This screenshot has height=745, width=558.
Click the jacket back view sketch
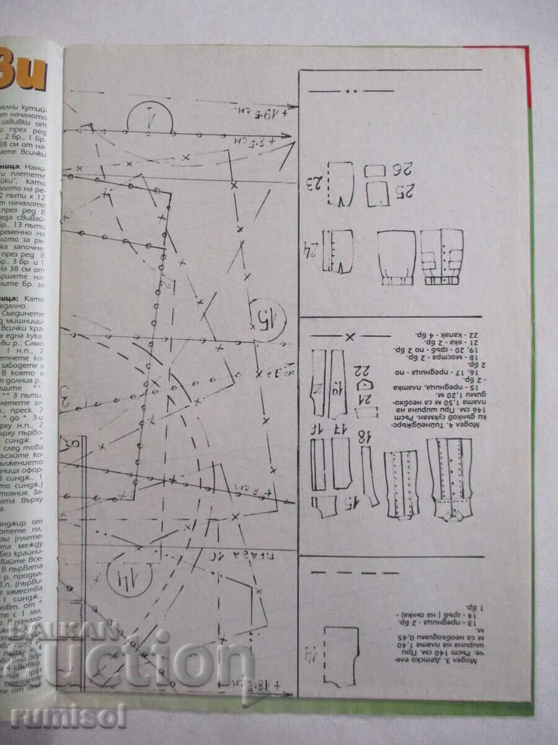[396, 256]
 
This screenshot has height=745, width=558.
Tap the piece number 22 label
[361, 371]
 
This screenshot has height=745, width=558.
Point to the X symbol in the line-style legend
[350, 336]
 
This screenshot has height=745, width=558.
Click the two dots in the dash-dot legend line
[352, 91]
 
